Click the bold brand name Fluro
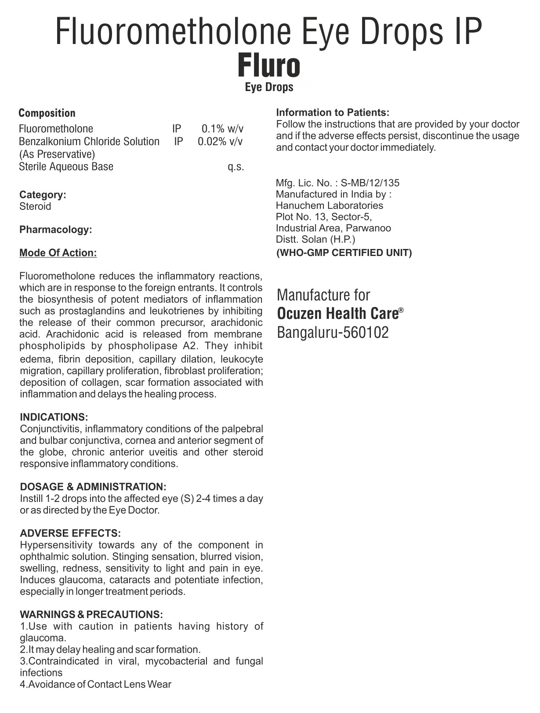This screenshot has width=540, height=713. (269, 66)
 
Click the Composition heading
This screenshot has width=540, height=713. (47, 113)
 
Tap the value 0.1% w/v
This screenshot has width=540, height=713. (222, 129)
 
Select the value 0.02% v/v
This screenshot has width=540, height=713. (220, 142)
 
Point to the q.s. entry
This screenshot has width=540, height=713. (236, 167)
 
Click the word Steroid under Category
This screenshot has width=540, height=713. (35, 206)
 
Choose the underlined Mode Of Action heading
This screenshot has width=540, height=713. (58, 253)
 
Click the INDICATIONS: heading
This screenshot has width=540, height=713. (54, 417)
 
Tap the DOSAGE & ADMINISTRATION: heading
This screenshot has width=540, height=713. (93, 487)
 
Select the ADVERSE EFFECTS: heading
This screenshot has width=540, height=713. (70, 534)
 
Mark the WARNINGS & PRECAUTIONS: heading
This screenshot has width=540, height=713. (91, 614)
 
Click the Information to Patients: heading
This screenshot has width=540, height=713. (333, 113)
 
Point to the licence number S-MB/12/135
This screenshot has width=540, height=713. (370, 183)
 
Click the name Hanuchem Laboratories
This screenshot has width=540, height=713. (330, 205)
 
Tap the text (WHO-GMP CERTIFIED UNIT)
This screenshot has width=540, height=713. (344, 253)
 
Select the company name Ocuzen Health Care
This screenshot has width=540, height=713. (337, 314)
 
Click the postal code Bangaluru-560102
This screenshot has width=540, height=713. (333, 333)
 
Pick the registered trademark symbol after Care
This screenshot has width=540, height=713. (401, 310)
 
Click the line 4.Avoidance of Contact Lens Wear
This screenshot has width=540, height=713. (95, 684)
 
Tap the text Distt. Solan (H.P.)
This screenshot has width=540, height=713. (315, 239)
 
